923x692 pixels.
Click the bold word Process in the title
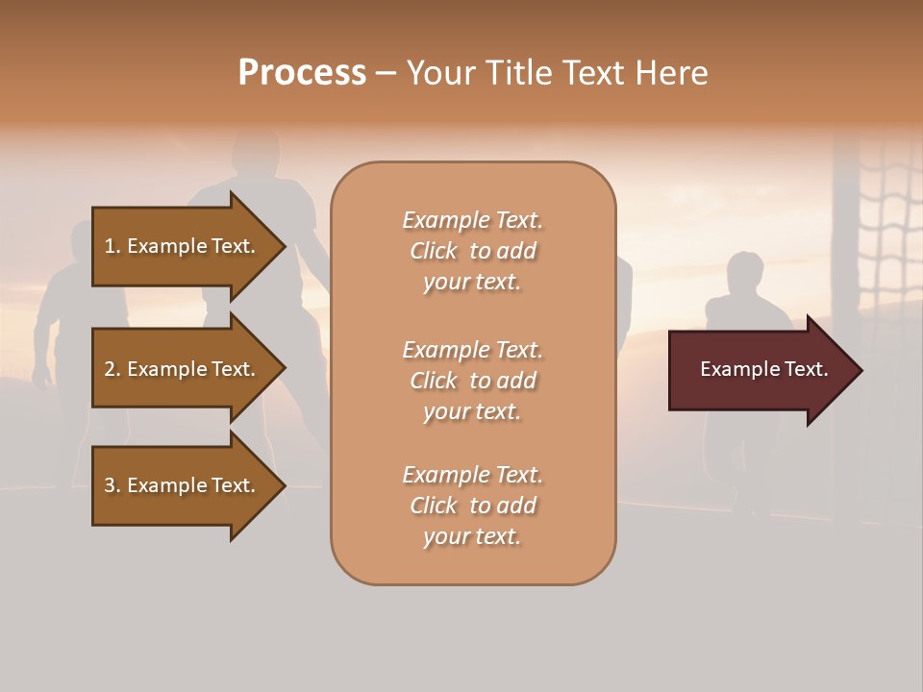(302, 73)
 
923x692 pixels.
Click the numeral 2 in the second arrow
(110, 369)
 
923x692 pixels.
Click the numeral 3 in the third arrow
(110, 485)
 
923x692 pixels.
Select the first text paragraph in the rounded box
(472, 251)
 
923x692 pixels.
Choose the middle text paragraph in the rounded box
(472, 381)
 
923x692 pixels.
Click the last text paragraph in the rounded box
(472, 506)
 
